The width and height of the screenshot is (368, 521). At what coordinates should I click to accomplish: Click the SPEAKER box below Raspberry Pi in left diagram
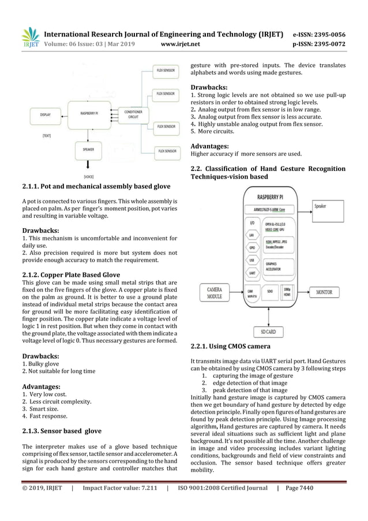pyautogui.click(x=89, y=150)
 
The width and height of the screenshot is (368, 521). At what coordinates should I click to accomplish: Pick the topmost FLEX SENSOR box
pyautogui.click(x=166, y=70)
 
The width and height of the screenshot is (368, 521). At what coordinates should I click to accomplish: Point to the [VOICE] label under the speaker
pyautogui.click(x=89, y=176)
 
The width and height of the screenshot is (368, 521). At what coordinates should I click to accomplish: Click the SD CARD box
pyautogui.click(x=268, y=332)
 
